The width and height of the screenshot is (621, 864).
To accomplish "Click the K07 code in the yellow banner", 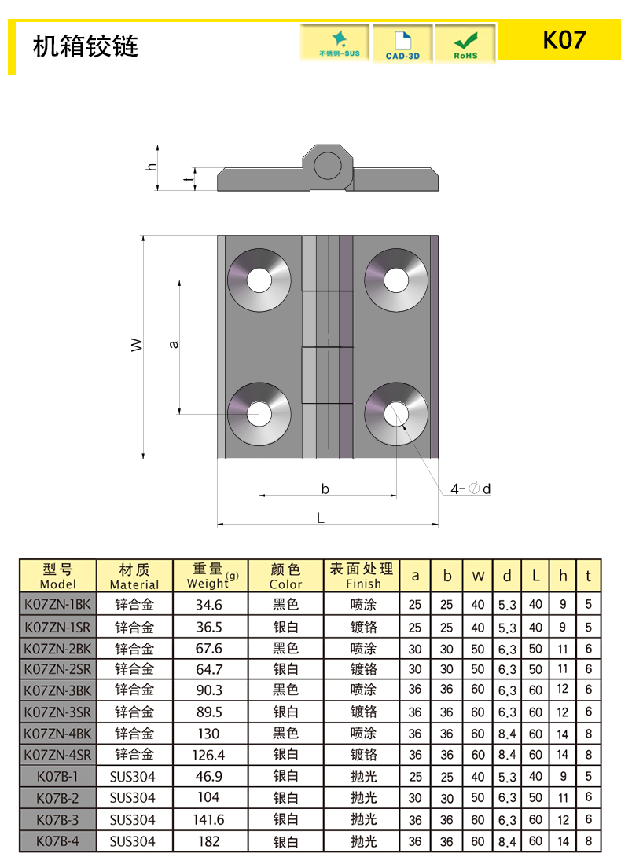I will (x=564, y=39).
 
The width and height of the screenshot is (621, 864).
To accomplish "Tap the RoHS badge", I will (x=465, y=43).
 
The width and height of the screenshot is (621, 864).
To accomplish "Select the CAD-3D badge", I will (x=402, y=43).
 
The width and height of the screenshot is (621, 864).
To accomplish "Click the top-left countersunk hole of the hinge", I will (x=259, y=279).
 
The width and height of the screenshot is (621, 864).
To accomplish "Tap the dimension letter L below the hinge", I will (x=320, y=517).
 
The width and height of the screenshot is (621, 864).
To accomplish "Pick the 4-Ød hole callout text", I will (x=470, y=489).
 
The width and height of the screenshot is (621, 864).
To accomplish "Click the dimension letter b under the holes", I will (x=325, y=489).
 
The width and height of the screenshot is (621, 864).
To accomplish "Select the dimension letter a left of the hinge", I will (x=175, y=344).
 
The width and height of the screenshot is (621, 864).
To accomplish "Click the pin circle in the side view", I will (x=328, y=166).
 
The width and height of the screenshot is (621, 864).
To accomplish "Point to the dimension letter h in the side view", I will (x=152, y=167).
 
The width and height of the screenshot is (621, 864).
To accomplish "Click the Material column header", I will (x=134, y=576).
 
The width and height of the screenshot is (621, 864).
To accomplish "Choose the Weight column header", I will (x=209, y=576).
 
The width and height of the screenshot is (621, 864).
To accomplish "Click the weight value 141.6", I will (x=208, y=819).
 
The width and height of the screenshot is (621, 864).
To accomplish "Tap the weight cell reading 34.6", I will (x=208, y=605).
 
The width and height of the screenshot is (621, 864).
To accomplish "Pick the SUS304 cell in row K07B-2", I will (x=134, y=798).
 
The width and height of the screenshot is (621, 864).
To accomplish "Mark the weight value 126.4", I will (x=208, y=755).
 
